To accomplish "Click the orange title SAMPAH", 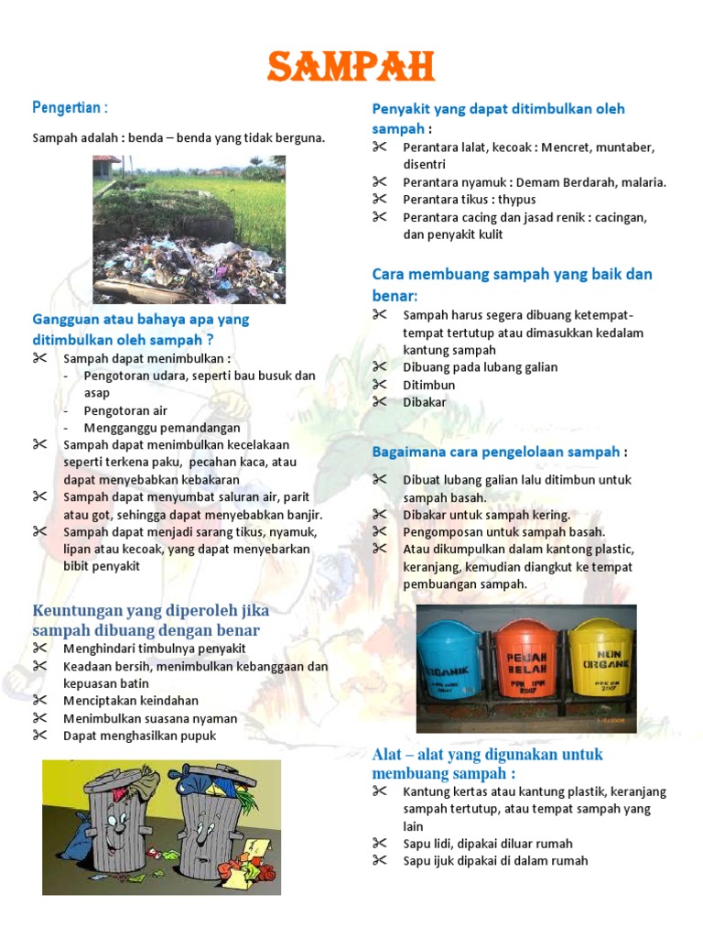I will tap(351, 66).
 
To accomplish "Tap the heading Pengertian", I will tap(70, 108).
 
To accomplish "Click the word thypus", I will tap(517, 200).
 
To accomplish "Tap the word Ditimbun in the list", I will tap(428, 385).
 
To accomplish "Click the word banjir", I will tap(303, 515).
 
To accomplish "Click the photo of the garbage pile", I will tap(189, 229).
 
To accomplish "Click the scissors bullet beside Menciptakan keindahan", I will tap(39, 701).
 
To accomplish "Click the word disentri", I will tap(425, 164).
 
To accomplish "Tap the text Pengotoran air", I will tap(125, 410).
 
